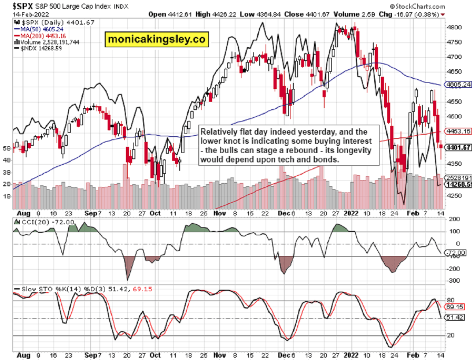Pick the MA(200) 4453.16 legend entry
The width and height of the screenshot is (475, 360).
[x=40, y=35]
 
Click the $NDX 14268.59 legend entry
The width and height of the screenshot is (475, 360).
[x=37, y=48]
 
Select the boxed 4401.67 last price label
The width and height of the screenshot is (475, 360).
[x=458, y=147]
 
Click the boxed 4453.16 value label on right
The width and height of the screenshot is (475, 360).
[x=458, y=131]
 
